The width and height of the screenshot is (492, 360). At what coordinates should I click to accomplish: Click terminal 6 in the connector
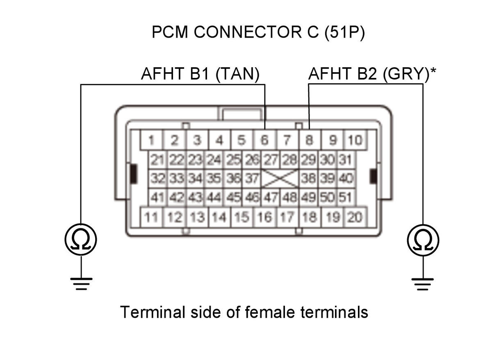(265, 140)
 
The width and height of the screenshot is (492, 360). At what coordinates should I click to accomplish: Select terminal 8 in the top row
(310, 140)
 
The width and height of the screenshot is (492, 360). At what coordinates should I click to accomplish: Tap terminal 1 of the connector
(151, 140)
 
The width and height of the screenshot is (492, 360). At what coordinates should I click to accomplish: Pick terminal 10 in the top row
(355, 140)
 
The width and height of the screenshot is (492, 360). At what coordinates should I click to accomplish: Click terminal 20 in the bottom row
(355, 217)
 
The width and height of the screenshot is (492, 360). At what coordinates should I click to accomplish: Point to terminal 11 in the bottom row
(151, 217)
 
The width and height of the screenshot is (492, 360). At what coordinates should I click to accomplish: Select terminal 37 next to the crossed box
(251, 178)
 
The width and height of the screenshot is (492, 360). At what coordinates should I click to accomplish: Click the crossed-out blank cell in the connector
(280, 178)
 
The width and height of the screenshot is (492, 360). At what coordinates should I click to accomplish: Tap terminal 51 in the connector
(346, 197)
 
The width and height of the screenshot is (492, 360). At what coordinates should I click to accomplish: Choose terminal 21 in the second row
(157, 159)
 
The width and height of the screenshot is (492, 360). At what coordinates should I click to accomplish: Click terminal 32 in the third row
(157, 178)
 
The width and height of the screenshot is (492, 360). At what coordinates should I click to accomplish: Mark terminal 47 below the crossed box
(271, 197)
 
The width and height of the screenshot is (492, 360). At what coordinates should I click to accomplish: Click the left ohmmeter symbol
(81, 239)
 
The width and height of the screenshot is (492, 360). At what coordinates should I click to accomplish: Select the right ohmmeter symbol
(423, 240)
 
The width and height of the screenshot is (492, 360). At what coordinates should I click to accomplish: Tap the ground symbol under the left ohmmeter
(81, 284)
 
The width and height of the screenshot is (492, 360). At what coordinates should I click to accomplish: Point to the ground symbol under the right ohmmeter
(423, 285)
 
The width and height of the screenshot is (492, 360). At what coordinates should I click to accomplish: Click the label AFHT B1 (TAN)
(200, 74)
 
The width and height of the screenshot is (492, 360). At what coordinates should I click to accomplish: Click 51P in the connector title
(344, 32)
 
